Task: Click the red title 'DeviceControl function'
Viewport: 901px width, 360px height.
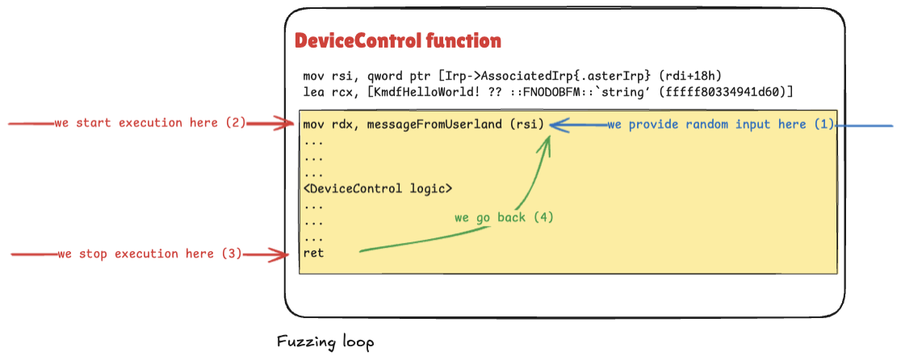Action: [397, 41]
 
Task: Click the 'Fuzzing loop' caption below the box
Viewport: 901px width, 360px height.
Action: [325, 342]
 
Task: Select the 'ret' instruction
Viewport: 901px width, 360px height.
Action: [312, 253]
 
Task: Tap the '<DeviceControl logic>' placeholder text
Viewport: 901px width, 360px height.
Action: [378, 189]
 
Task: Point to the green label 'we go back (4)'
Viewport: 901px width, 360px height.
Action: [504, 218]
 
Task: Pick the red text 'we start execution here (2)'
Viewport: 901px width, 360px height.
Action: [149, 123]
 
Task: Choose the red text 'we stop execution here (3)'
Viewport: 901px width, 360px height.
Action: [149, 253]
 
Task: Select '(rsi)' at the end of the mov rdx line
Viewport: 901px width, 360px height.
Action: [529, 124]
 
